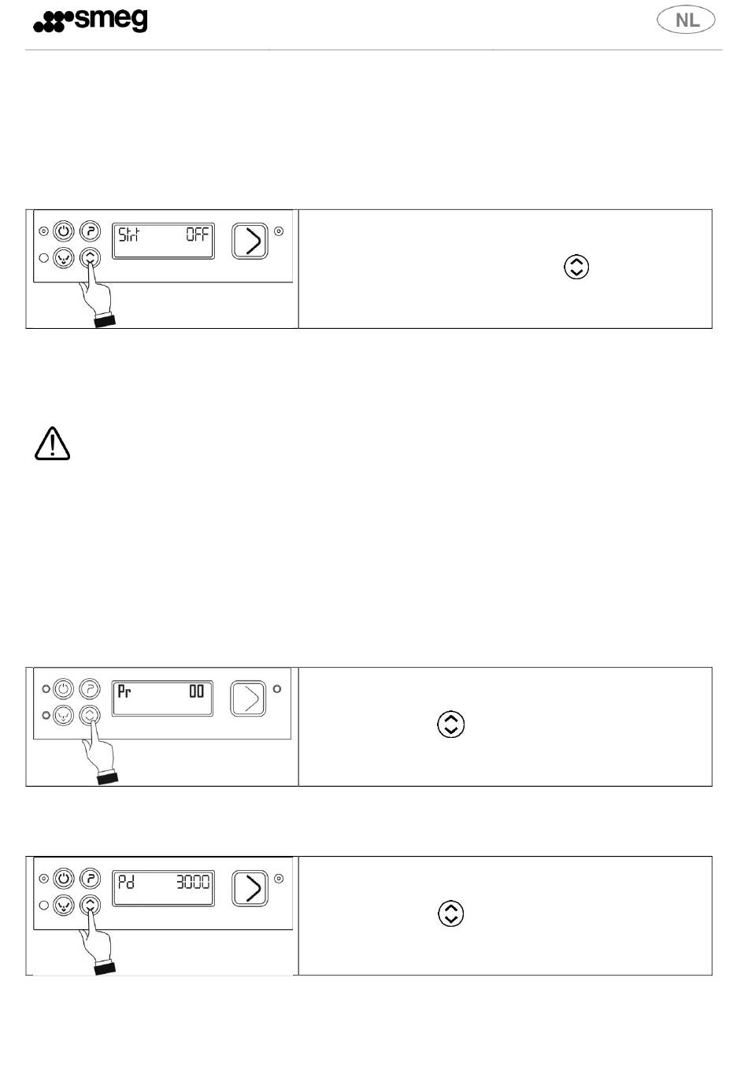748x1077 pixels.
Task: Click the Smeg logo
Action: [x=90, y=20]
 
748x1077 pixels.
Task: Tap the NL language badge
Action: [x=686, y=20]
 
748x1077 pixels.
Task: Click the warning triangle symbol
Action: [x=53, y=443]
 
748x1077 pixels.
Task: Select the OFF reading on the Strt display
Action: [x=198, y=234]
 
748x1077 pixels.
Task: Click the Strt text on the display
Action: [x=129, y=234]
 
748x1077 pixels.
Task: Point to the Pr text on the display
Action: [x=124, y=692]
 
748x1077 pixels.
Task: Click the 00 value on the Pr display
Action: [x=196, y=691]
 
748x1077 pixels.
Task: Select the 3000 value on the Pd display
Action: [x=193, y=882]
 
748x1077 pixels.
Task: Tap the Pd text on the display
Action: [x=126, y=882]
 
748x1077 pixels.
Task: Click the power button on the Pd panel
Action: [x=64, y=879]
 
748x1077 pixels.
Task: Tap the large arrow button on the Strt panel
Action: [x=250, y=241]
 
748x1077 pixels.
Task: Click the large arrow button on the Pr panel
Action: [x=248, y=699]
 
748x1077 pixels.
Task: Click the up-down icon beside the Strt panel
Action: [x=576, y=267]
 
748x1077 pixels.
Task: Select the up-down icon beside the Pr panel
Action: [x=451, y=724]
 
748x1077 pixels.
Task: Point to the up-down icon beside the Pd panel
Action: [x=451, y=913]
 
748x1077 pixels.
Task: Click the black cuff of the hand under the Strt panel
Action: [x=105, y=321]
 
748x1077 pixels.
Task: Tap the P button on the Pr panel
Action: [x=90, y=688]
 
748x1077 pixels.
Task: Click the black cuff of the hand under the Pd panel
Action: [x=105, y=968]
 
